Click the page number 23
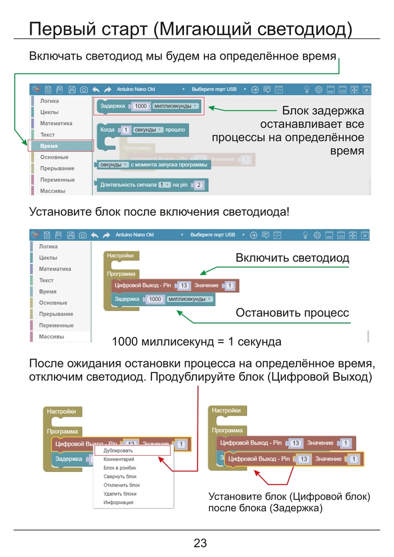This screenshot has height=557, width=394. click(x=200, y=543)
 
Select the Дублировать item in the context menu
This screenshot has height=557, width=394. click(x=118, y=451)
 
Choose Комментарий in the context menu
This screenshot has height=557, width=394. click(x=119, y=459)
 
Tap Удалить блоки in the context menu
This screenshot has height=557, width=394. click(x=120, y=494)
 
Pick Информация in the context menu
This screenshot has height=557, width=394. click(x=118, y=502)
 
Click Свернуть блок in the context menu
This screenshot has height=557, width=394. click(x=120, y=477)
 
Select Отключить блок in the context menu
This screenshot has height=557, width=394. click(x=122, y=485)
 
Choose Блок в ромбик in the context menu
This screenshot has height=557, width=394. click(x=120, y=468)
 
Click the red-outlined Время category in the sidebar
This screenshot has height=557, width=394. click(x=61, y=146)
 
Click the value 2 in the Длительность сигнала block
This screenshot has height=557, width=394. click(x=199, y=185)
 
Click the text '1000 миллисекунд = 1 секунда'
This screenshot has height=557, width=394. click(x=196, y=342)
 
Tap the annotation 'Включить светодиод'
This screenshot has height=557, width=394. click(x=292, y=258)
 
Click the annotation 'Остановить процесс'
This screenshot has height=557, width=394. click(x=292, y=312)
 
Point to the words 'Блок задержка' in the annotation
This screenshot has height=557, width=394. click(x=323, y=111)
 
